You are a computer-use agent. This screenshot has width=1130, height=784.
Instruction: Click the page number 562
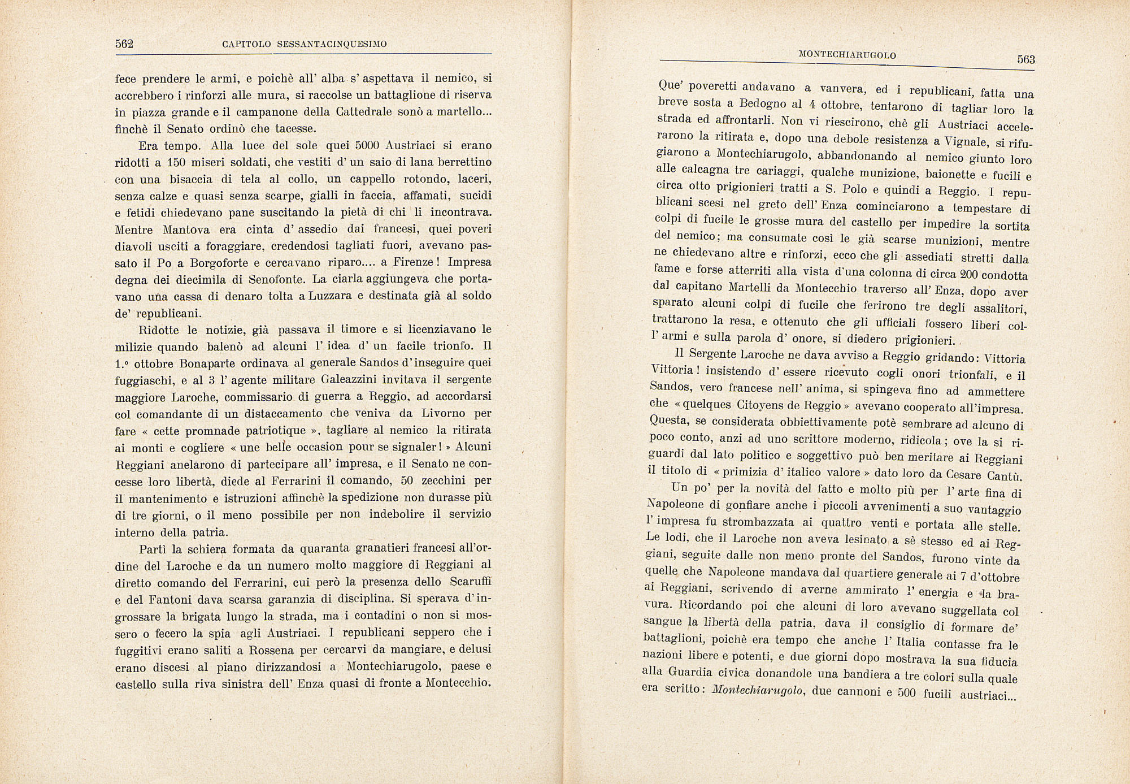pos(124,44)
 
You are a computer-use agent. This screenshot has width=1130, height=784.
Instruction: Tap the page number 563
pos(1025,59)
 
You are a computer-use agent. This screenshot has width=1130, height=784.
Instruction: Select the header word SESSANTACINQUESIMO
pos(331,44)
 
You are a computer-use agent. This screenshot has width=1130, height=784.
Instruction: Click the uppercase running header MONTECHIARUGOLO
pos(847,55)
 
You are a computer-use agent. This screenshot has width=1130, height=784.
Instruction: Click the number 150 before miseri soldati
pos(176,162)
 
